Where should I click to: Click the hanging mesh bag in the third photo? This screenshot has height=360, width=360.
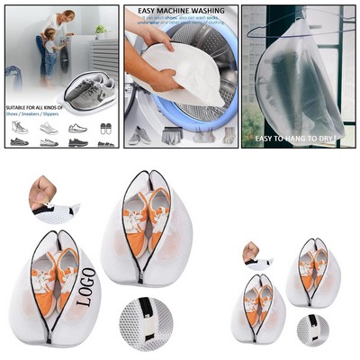[x=297, y=76]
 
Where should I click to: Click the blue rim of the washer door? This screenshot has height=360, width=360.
[x=222, y=85]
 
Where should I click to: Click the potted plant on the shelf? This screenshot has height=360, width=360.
[x=100, y=30]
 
